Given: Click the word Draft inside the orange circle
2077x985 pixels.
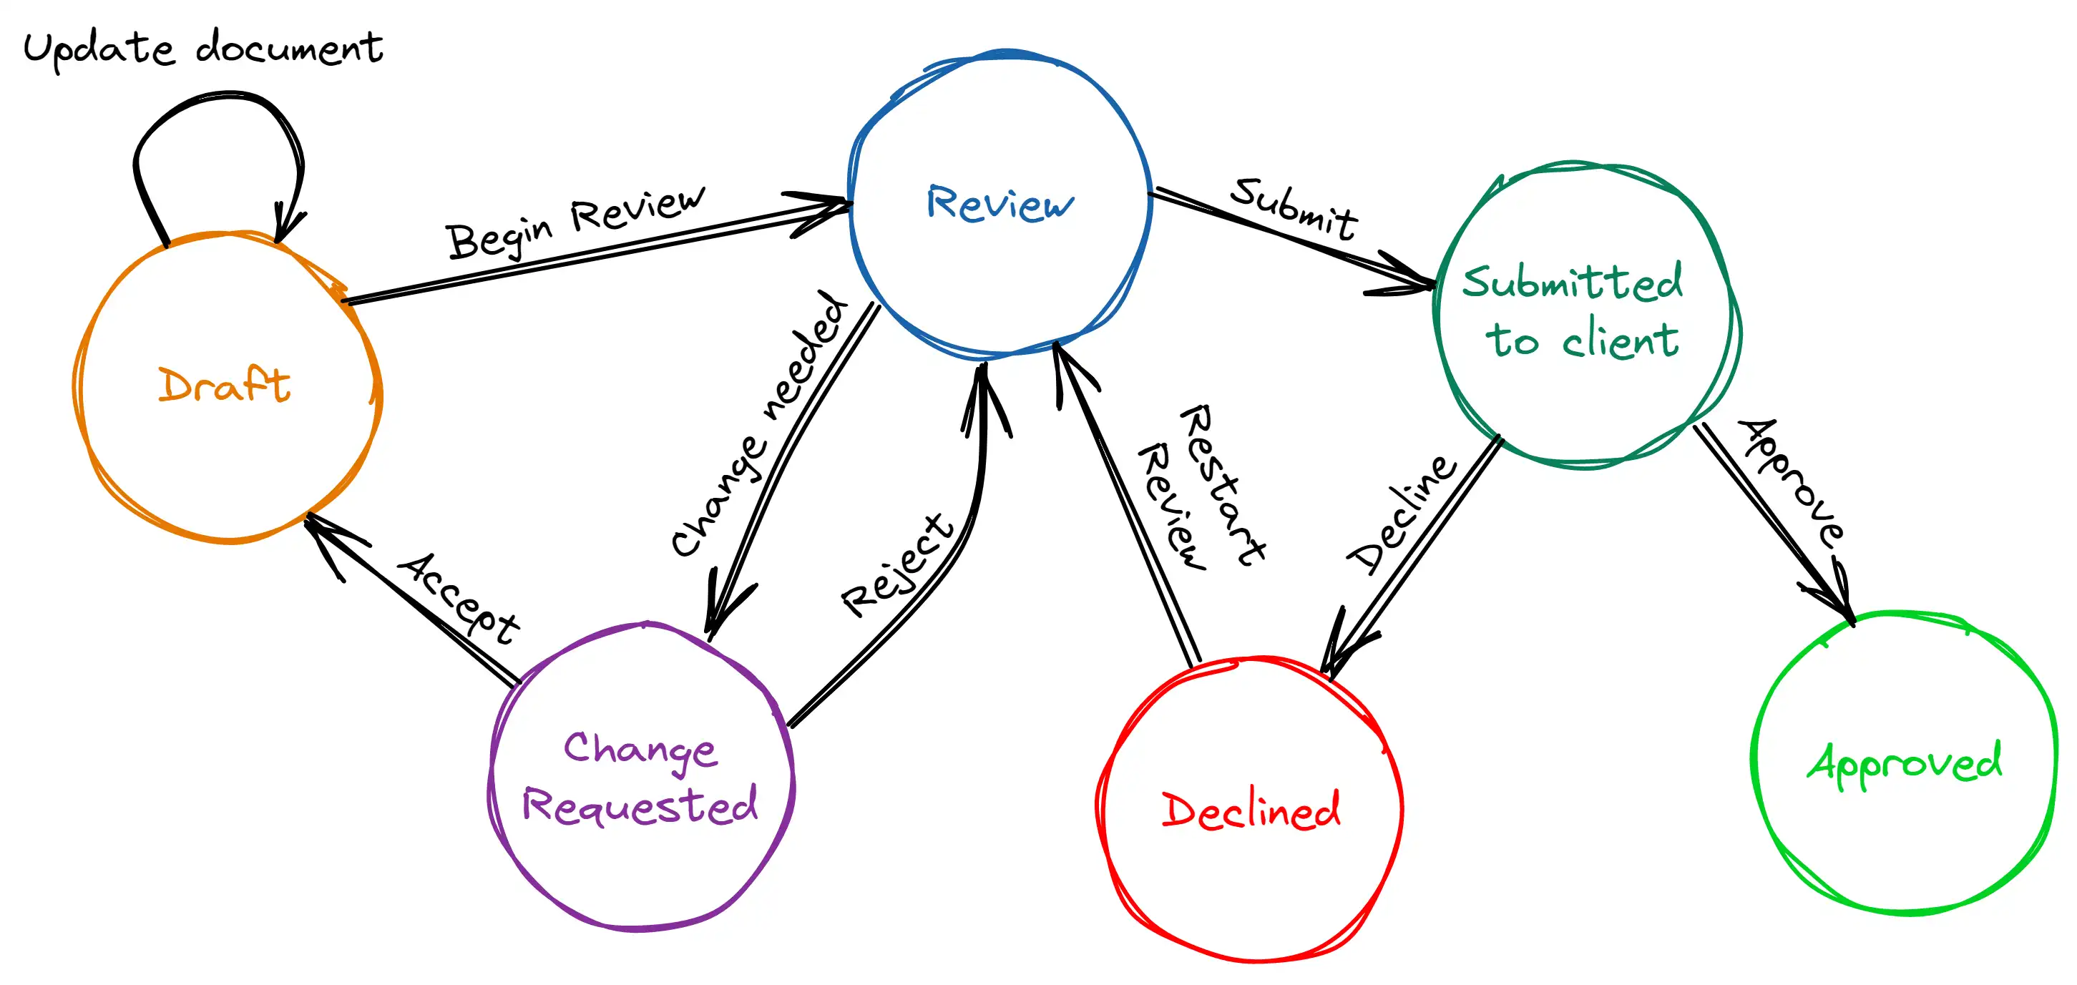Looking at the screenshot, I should (224, 386).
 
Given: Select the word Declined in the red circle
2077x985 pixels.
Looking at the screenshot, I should (1251, 810).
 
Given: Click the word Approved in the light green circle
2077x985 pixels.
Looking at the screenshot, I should (1905, 763).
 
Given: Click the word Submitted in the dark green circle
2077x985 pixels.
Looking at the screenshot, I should (1573, 282).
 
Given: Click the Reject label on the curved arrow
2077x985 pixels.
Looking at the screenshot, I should (897, 567).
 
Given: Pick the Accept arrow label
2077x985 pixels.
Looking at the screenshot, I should (459, 598).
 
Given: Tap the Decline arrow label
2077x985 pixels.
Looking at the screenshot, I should (1402, 516).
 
